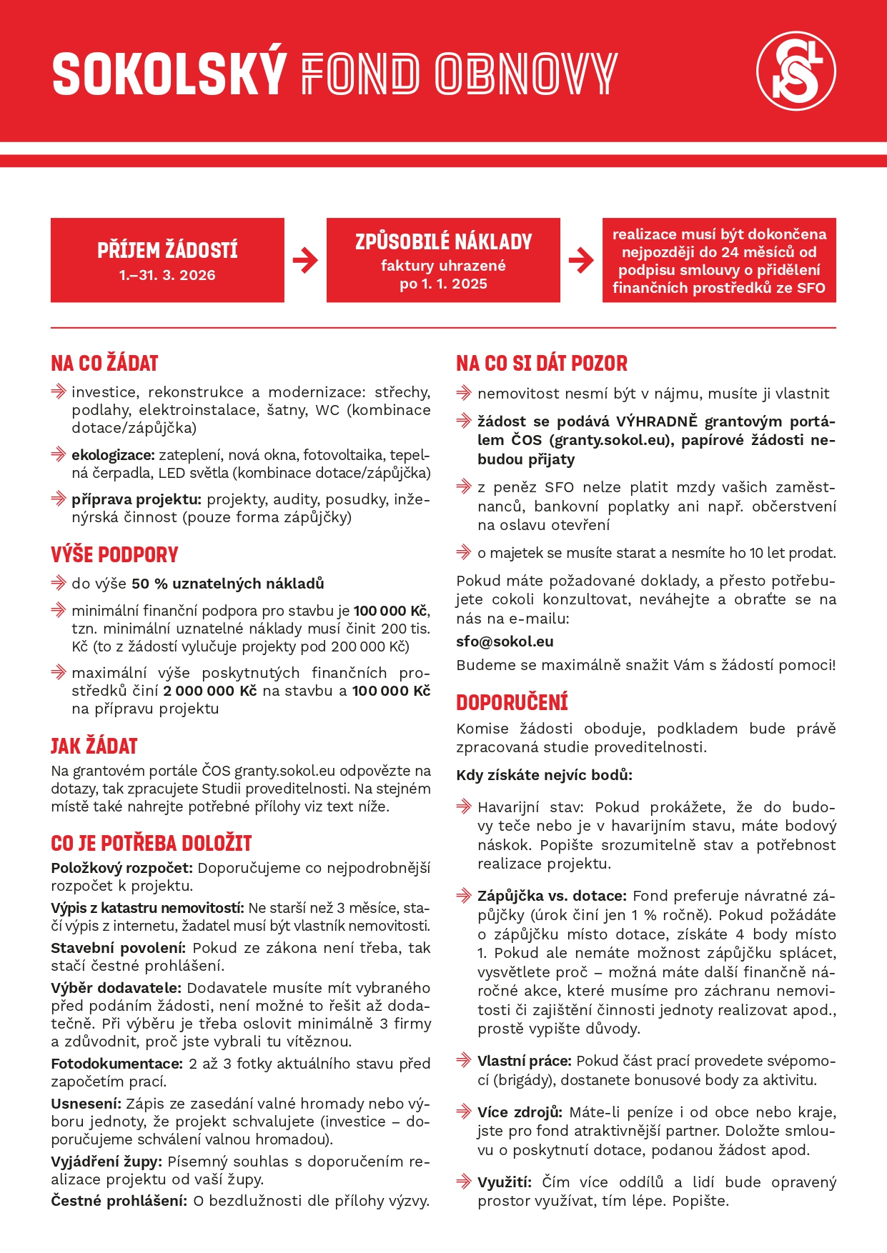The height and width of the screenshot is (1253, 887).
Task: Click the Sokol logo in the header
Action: [x=796, y=71]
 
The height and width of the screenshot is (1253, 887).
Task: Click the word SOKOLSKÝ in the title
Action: [x=169, y=74]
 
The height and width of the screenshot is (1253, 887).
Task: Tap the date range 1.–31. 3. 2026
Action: [x=167, y=275]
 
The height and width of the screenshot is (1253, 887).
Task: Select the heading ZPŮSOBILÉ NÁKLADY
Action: [x=443, y=242]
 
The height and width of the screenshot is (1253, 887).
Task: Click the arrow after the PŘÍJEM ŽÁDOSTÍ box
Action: [x=305, y=260]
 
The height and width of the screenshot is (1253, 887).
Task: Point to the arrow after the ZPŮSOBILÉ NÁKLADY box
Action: [x=581, y=260]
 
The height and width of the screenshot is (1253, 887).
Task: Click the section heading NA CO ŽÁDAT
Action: [x=104, y=364]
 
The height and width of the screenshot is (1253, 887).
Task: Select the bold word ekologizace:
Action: [x=113, y=455]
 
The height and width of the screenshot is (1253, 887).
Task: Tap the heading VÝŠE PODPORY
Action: [x=114, y=555]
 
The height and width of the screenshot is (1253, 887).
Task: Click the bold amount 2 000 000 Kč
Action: [x=209, y=691]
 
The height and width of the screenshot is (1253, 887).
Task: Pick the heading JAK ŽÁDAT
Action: [x=94, y=747]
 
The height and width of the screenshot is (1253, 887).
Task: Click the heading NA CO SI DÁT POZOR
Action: [x=542, y=364]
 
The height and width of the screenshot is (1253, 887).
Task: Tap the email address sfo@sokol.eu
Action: [x=505, y=642]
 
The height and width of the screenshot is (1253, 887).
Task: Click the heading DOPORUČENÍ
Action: [x=512, y=703]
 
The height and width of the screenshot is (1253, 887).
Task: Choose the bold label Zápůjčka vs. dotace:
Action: [x=552, y=896]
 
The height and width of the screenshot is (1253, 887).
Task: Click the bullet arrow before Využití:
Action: [x=464, y=1182]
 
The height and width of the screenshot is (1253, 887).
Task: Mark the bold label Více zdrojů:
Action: [x=520, y=1112]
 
